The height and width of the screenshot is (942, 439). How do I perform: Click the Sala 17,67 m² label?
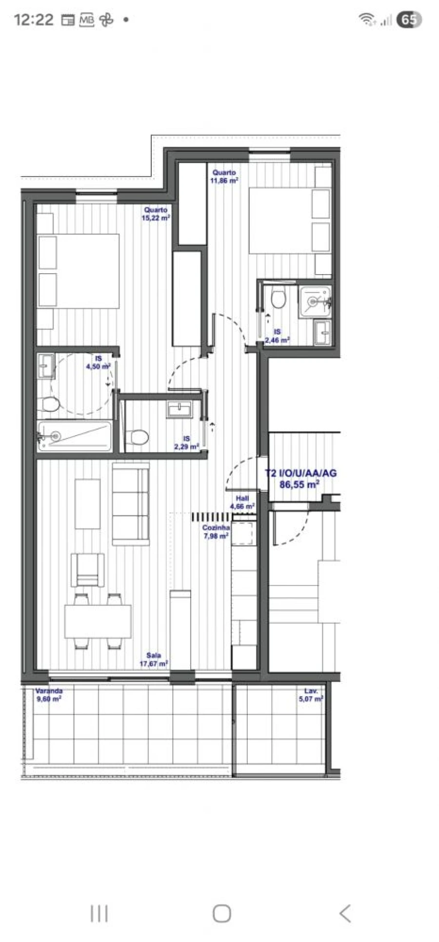154,660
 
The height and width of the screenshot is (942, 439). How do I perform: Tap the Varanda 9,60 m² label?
49,695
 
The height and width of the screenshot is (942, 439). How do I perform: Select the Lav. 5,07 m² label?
311,695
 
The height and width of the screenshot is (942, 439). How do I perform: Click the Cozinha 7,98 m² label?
216,532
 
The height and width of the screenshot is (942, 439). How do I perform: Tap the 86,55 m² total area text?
299,484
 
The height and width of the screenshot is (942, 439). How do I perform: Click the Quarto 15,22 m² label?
156,214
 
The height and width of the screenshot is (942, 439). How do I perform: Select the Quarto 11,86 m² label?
224,177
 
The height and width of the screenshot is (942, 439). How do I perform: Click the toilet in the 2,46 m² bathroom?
278,299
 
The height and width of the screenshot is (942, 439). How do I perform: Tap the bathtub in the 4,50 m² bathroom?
75,435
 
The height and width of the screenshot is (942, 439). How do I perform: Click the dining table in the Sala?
98,621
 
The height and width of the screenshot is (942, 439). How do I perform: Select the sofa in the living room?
131,504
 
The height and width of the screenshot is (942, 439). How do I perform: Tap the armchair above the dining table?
87,569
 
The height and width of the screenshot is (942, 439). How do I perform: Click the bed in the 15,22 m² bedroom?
79,271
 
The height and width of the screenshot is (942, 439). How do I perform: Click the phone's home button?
221,913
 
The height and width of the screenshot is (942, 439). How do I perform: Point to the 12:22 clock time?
34,20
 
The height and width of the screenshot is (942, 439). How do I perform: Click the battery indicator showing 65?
409,20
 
